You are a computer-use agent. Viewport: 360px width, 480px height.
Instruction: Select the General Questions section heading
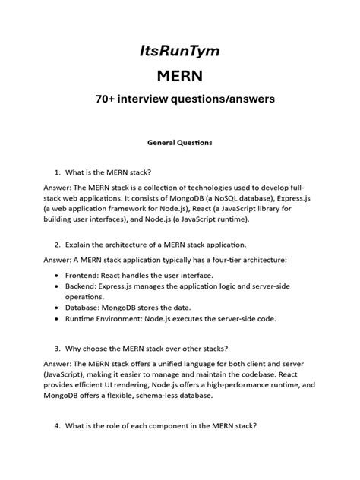(179, 143)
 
